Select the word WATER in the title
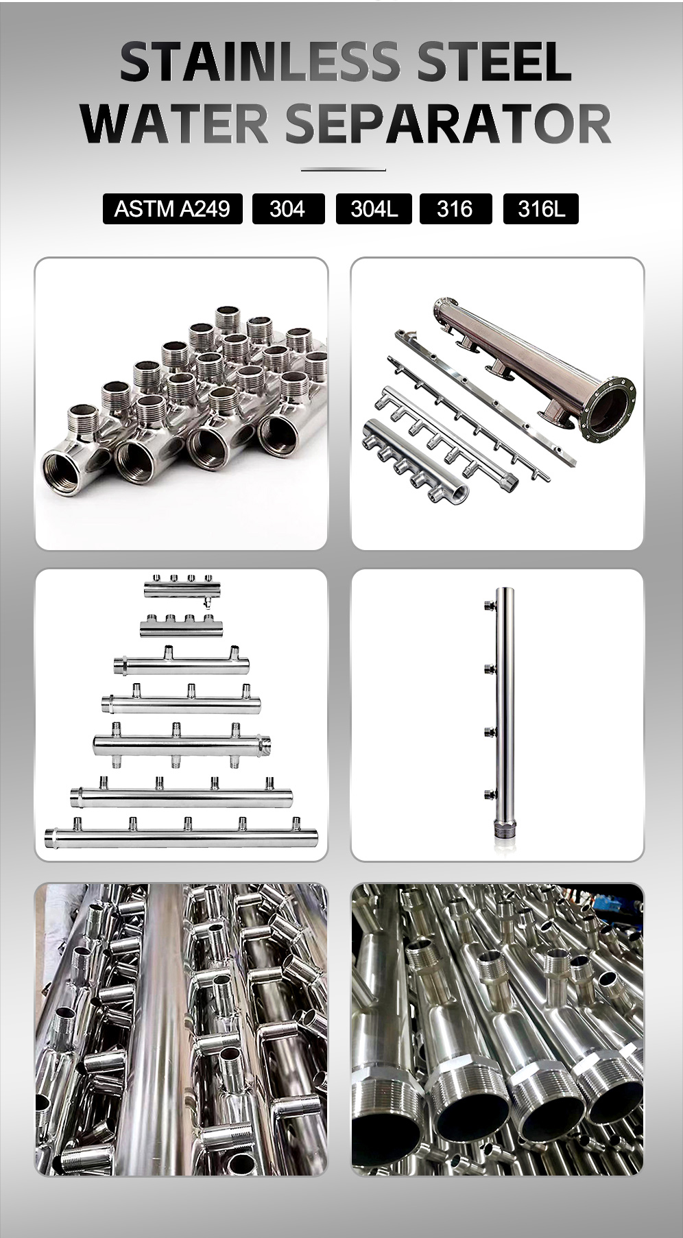(x=176, y=123)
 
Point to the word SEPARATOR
(x=447, y=123)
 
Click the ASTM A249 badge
(x=172, y=209)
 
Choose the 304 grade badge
(x=287, y=209)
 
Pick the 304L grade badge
(x=374, y=209)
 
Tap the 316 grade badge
(x=455, y=209)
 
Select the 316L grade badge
(x=541, y=209)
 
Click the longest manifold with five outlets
(x=182, y=835)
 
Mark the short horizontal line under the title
(x=344, y=169)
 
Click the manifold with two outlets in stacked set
(x=182, y=664)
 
